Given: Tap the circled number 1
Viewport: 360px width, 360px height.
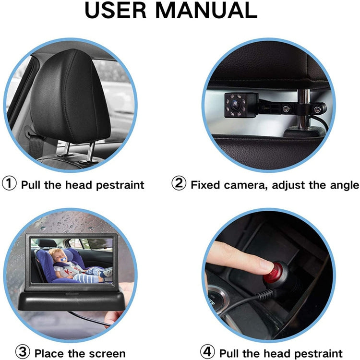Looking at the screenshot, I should pyautogui.click(x=10, y=184).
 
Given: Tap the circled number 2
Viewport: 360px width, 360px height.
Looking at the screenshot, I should pyautogui.click(x=179, y=184).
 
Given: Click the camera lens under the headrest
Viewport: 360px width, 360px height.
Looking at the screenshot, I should pyautogui.click(x=235, y=102).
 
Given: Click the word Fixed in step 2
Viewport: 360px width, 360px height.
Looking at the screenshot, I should pyautogui.click(x=204, y=185).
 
